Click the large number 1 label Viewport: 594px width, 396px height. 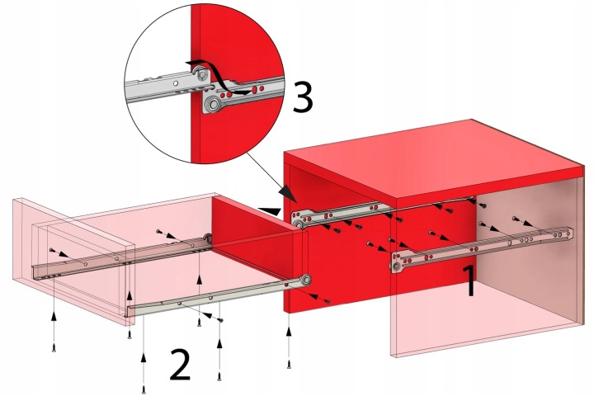coord(469,280)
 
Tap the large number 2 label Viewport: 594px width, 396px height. coord(180,365)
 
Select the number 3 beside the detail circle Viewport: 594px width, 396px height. coord(303,97)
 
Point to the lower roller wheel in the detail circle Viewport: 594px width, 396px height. coord(214,103)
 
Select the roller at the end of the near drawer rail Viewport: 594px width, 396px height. coord(305,280)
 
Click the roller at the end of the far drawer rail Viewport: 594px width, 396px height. coord(208,238)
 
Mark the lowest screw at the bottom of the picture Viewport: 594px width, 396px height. coord(144,389)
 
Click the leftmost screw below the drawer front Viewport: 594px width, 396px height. coord(54,347)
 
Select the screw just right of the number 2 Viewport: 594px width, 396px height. coord(219,377)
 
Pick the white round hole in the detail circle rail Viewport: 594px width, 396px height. coord(175,83)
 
